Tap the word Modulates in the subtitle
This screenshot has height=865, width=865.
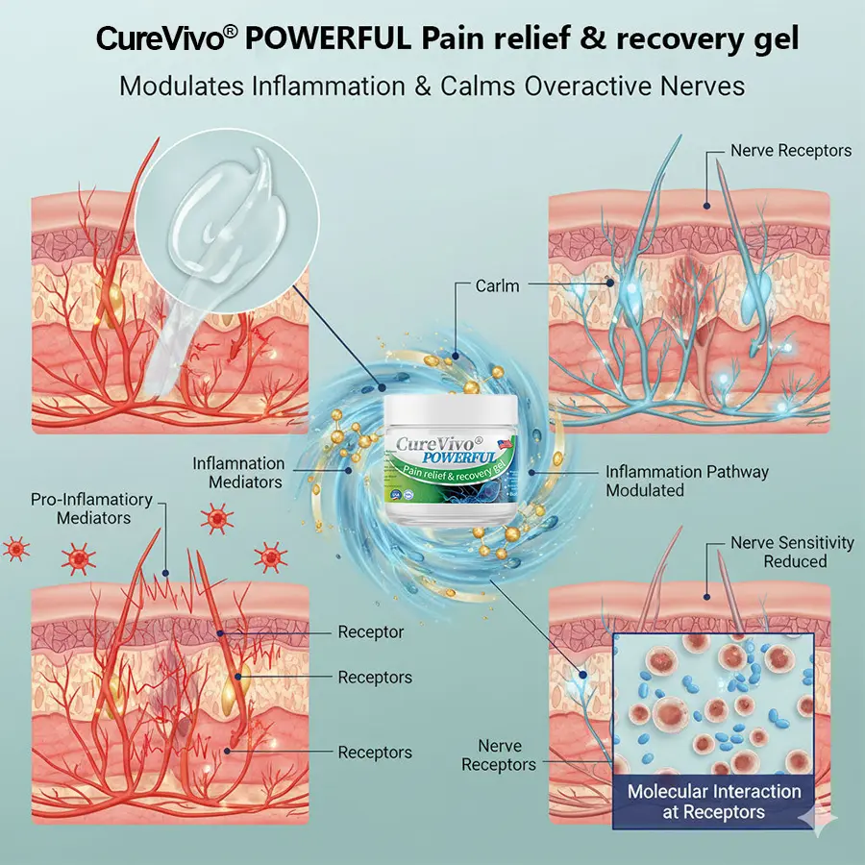coord(184,86)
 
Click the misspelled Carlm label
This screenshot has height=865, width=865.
coord(499,286)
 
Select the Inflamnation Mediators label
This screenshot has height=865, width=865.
coord(238,472)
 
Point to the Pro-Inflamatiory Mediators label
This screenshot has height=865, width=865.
coord(91,508)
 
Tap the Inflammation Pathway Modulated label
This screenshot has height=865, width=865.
coord(686,481)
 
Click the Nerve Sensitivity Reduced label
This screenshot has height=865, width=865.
coord(791,552)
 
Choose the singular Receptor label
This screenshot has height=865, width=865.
coord(370,632)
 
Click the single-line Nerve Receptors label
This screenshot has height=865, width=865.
coord(790,151)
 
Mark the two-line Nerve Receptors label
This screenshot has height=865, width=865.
coord(498,755)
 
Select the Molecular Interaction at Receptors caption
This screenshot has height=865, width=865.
coord(713,802)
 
